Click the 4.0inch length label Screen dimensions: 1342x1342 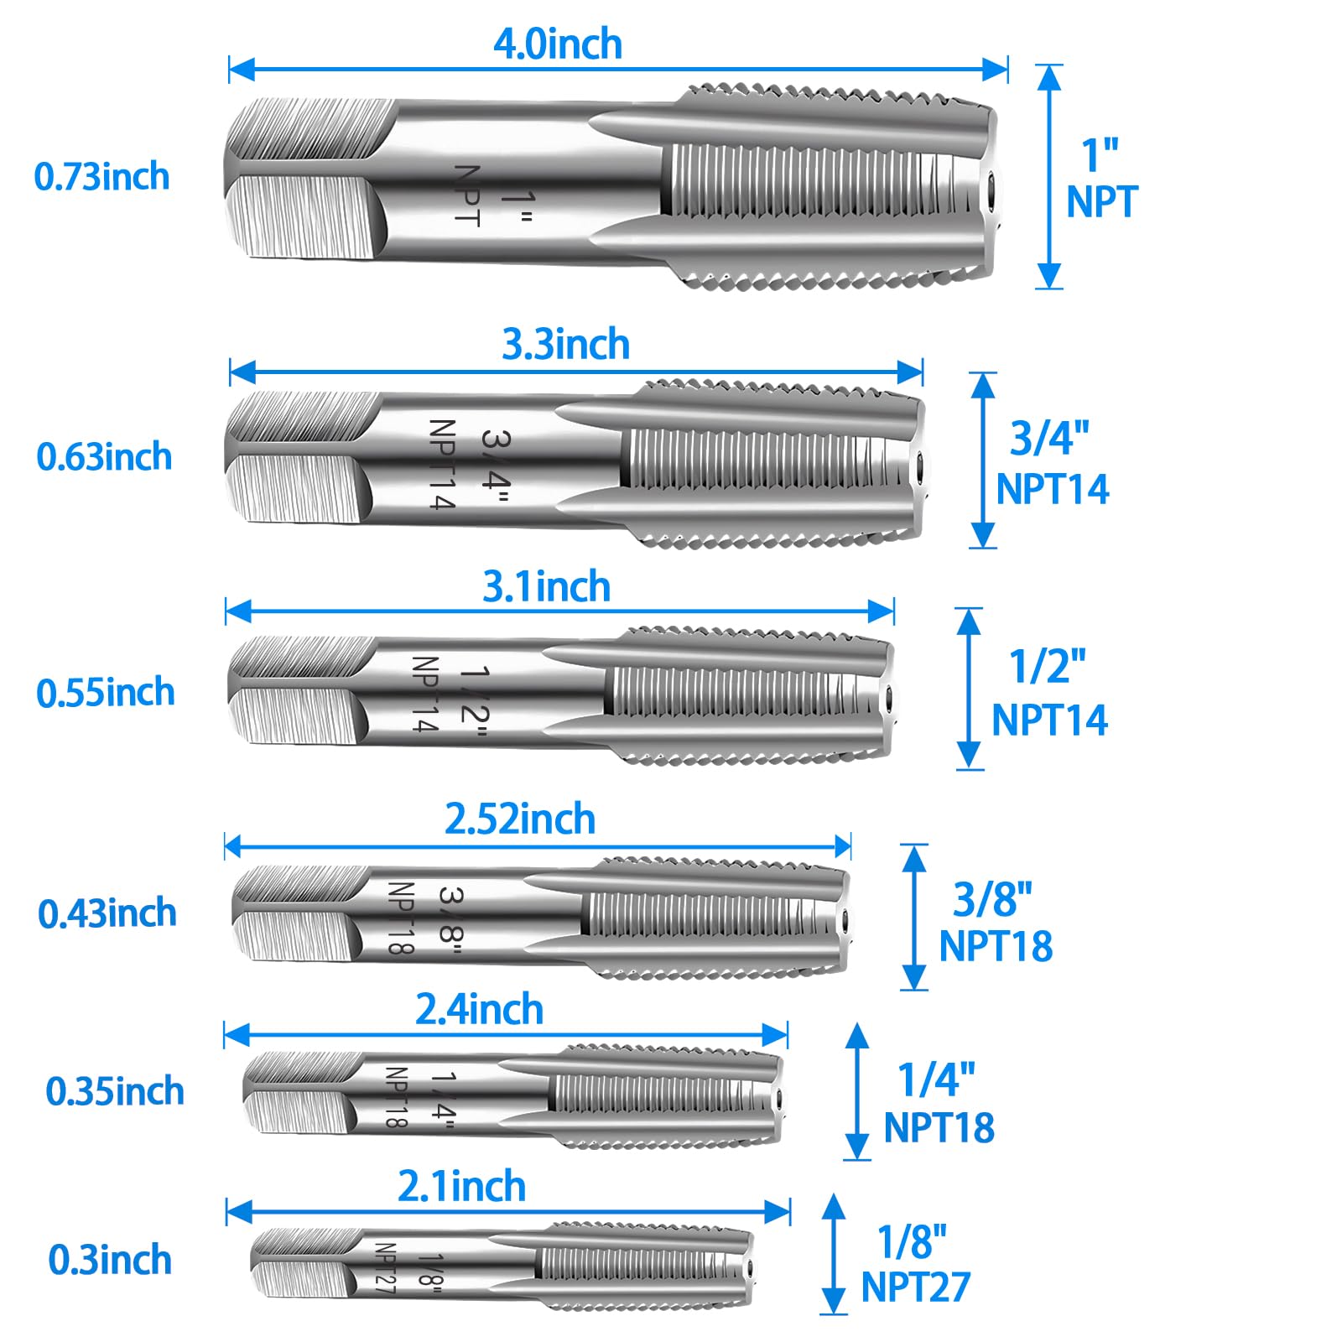[x=558, y=44]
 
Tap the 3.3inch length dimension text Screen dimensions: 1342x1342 [x=566, y=344]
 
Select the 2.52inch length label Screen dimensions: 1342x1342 [x=520, y=819]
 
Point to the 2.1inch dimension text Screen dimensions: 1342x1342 [x=462, y=1186]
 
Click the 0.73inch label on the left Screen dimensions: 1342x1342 [x=101, y=177]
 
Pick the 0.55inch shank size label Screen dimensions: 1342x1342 [x=106, y=693]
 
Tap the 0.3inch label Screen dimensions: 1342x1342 [x=110, y=1260]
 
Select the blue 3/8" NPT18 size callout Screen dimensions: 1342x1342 [x=996, y=922]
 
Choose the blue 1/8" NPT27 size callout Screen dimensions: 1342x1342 [x=916, y=1265]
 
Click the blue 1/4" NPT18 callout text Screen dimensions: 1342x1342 [x=939, y=1103]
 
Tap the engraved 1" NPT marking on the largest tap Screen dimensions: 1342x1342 [x=492, y=197]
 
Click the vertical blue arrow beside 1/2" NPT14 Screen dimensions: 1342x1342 [x=970, y=689]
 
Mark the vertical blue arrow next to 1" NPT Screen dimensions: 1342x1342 [x=1049, y=177]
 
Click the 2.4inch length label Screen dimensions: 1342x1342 [x=480, y=1009]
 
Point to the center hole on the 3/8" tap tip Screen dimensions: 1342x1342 [x=843, y=918]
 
